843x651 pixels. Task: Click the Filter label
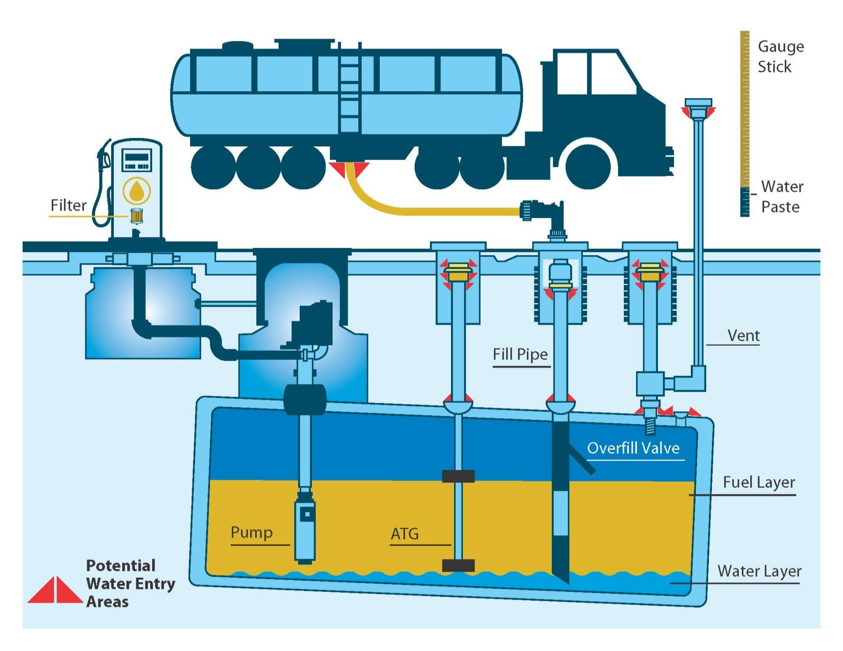pyautogui.click(x=68, y=205)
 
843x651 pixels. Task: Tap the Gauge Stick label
pyautogui.click(x=780, y=56)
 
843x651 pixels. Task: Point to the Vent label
pyautogui.click(x=743, y=336)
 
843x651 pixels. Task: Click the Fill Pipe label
pyautogui.click(x=520, y=354)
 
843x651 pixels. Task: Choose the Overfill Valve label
pyautogui.click(x=633, y=448)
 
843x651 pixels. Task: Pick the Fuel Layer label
pyautogui.click(x=759, y=482)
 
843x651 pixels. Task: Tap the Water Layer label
pyautogui.click(x=759, y=571)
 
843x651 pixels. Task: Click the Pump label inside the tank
pyautogui.click(x=252, y=532)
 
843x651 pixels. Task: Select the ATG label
pyautogui.click(x=405, y=534)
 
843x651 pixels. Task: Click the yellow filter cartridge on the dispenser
pyautogui.click(x=136, y=216)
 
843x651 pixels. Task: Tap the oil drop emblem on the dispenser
pyautogui.click(x=136, y=191)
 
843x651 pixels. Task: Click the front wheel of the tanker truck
pyautogui.click(x=588, y=166)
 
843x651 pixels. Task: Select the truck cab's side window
pyautogui.click(x=612, y=73)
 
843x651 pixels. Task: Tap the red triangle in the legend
pyautogui.click(x=55, y=590)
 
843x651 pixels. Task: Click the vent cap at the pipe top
pyautogui.click(x=698, y=103)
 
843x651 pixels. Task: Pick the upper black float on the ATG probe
pyautogui.click(x=458, y=476)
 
